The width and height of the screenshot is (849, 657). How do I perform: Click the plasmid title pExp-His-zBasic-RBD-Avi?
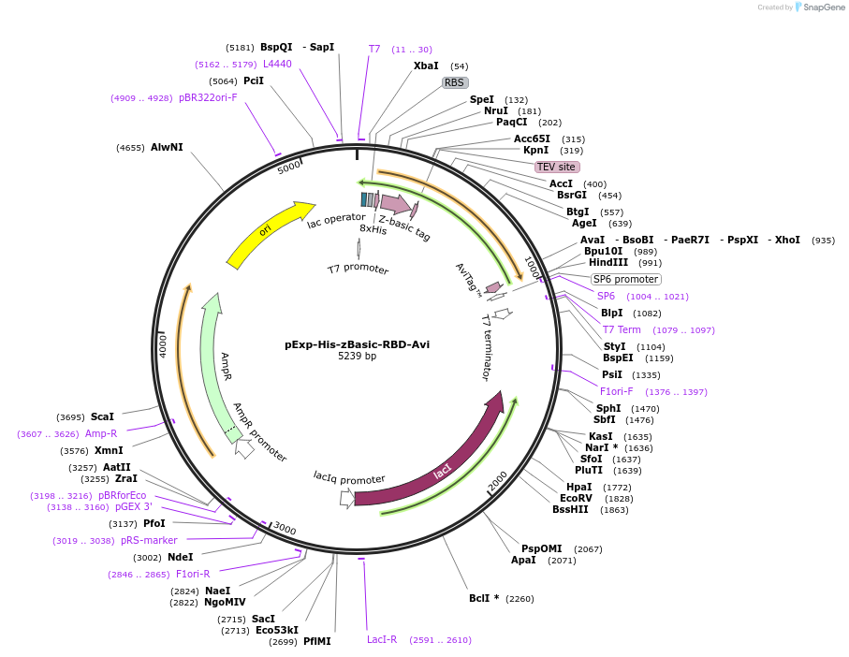(357, 343)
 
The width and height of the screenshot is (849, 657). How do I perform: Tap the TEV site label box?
(556, 167)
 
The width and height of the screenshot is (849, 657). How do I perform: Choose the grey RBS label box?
(454, 82)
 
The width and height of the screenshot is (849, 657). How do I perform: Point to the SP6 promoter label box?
(625, 279)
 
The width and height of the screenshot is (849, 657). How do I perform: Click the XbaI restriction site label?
(426, 66)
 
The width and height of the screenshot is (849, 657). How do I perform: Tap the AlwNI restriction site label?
(167, 147)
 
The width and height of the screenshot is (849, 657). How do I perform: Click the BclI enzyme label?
(484, 598)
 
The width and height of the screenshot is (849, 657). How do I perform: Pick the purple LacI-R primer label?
(382, 640)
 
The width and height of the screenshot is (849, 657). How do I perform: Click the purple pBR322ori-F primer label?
(208, 97)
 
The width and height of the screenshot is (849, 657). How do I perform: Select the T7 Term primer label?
(622, 329)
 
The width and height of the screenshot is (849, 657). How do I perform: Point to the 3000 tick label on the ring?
(284, 531)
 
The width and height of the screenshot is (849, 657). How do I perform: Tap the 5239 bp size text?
(357, 357)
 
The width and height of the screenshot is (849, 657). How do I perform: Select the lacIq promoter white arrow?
(347, 498)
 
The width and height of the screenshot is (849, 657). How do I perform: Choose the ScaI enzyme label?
(102, 416)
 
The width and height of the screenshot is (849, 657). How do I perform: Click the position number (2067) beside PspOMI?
(588, 549)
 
